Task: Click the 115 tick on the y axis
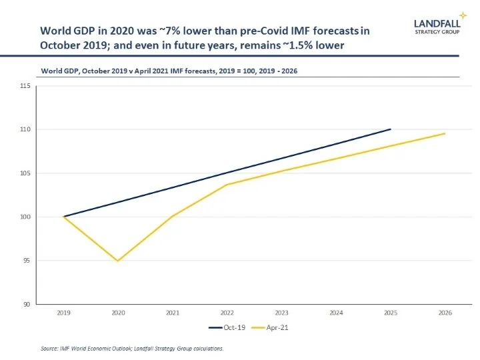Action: pyautogui.click(x=25, y=86)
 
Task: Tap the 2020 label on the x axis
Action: pyautogui.click(x=118, y=311)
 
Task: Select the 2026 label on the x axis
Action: pyautogui.click(x=444, y=311)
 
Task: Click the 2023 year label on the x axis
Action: pyautogui.click(x=281, y=311)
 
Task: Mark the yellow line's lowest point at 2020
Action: pyautogui.click(x=118, y=261)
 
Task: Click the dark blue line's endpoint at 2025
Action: pyautogui.click(x=390, y=129)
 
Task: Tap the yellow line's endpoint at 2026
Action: pyautogui.click(x=445, y=133)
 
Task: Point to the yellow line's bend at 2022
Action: pyautogui.click(x=227, y=185)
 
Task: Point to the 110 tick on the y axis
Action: pyautogui.click(x=25, y=129)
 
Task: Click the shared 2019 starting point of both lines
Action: pyautogui.click(x=64, y=217)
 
